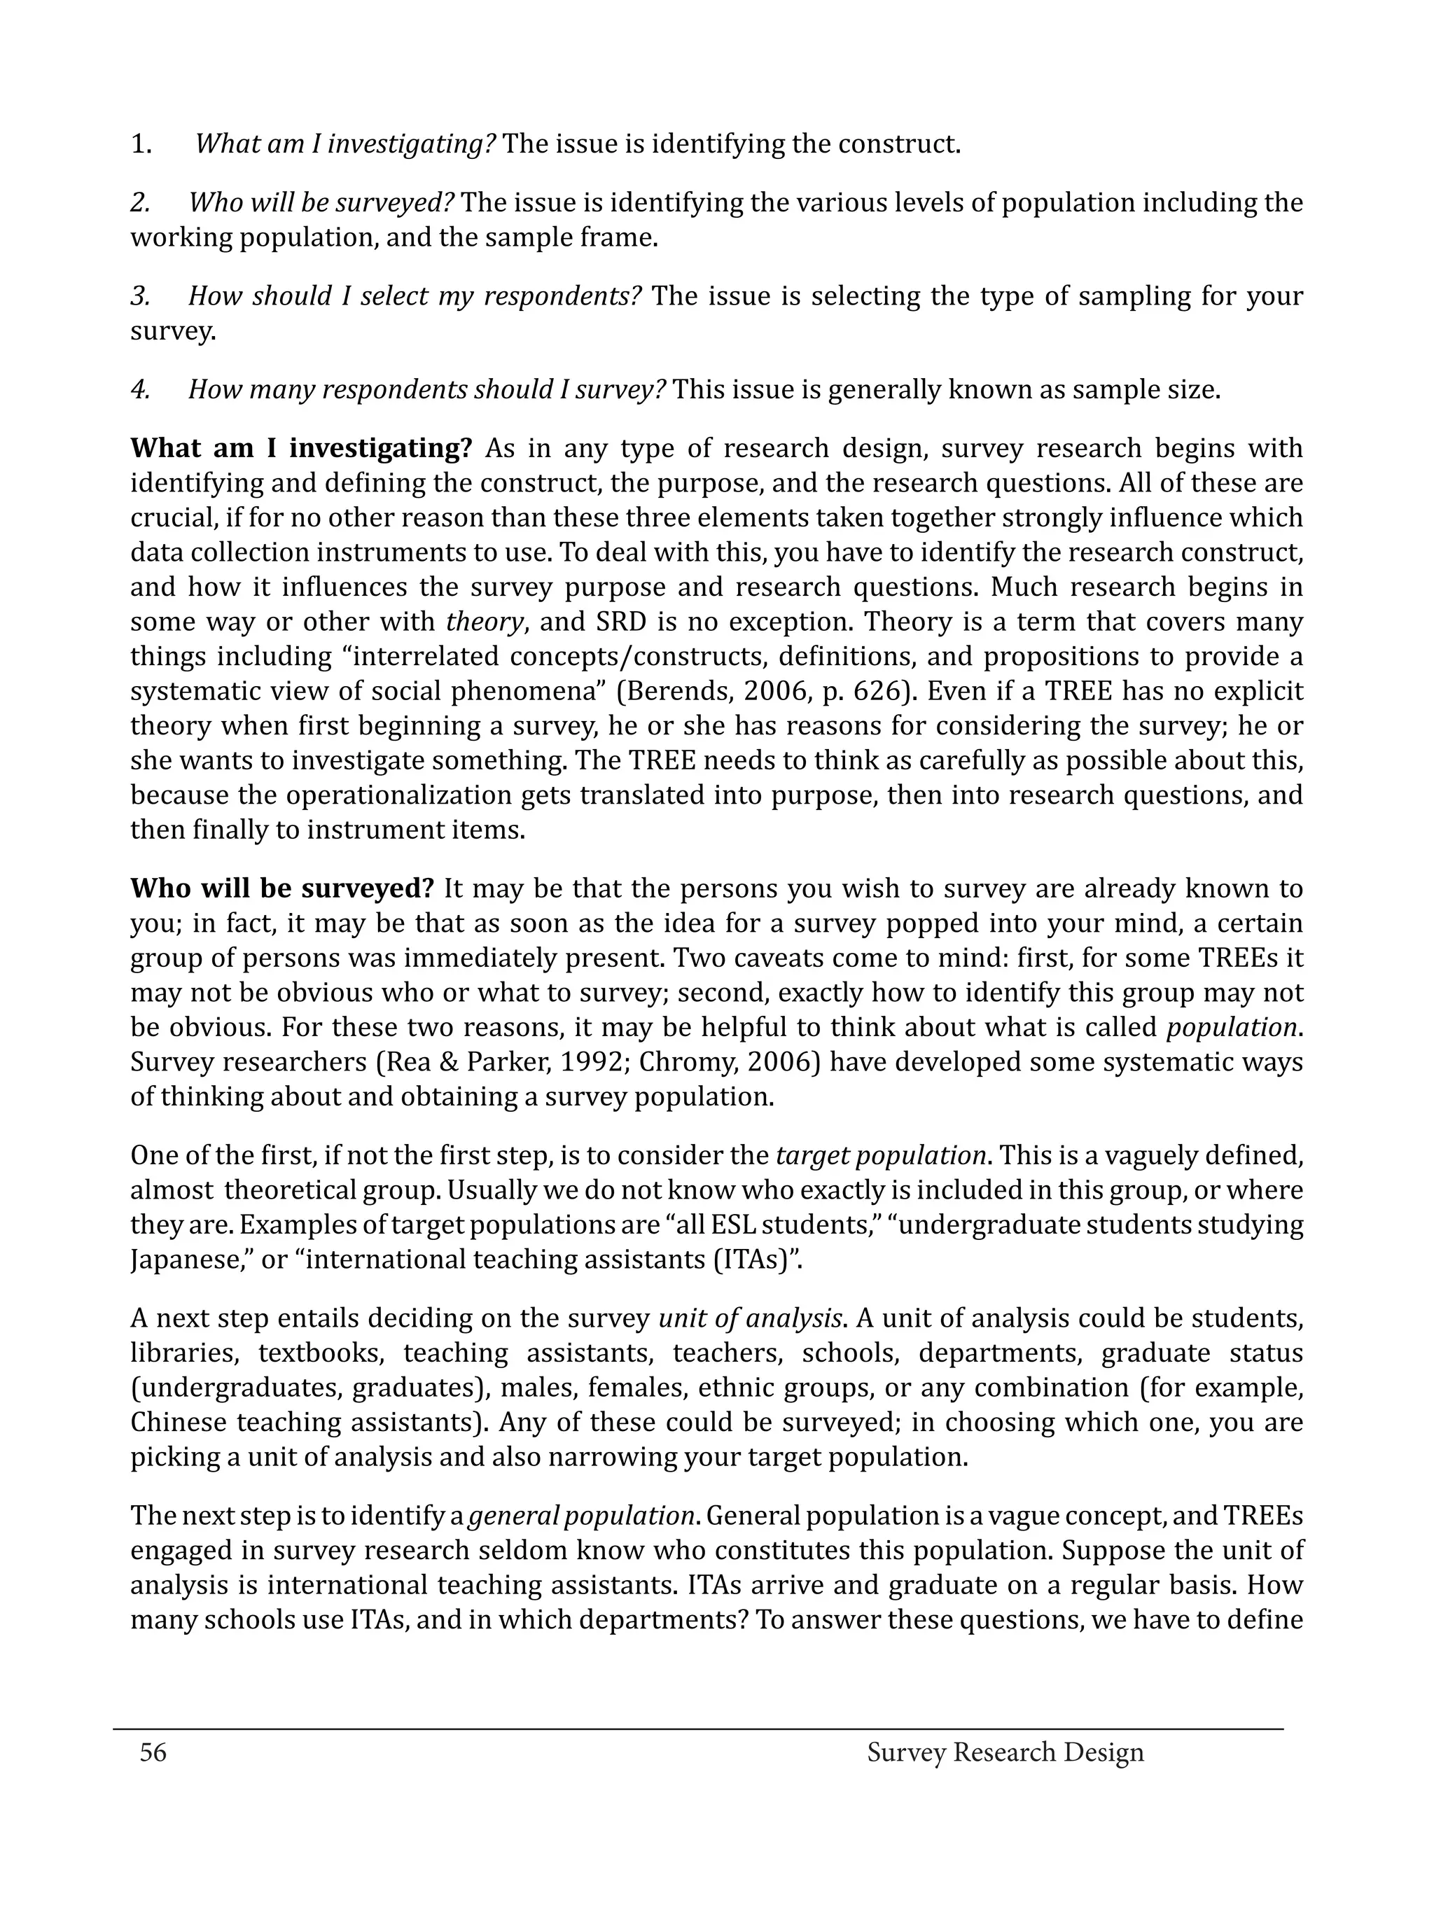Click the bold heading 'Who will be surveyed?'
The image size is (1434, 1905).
(281, 888)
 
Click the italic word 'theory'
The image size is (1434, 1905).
(484, 622)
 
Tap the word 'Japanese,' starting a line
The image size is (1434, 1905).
(179, 1259)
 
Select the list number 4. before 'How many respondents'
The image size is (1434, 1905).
(140, 390)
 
